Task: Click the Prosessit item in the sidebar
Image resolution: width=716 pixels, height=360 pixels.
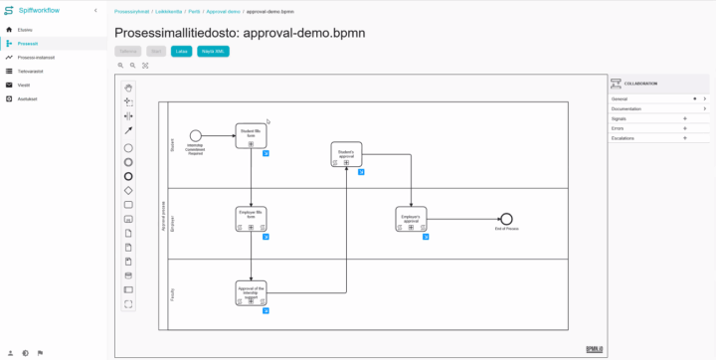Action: [27, 44]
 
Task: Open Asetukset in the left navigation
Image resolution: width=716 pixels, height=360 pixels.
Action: [27, 98]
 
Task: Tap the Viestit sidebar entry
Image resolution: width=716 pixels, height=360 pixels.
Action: [24, 85]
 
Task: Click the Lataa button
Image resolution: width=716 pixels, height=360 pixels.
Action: [181, 50]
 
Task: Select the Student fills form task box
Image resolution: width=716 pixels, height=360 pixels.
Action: [252, 135]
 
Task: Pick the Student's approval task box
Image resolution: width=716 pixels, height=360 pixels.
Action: [346, 154]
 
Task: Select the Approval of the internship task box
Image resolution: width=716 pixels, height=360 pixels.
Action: [251, 293]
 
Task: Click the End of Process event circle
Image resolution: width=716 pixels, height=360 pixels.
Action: [506, 219]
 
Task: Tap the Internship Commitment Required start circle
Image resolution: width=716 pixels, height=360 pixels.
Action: [196, 135]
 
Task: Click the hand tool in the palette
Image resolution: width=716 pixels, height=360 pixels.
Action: [128, 88]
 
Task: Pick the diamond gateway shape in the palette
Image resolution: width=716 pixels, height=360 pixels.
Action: [128, 190]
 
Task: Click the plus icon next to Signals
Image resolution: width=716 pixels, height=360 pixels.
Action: [685, 118]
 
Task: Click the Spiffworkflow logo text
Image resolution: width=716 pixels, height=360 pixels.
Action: [40, 10]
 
